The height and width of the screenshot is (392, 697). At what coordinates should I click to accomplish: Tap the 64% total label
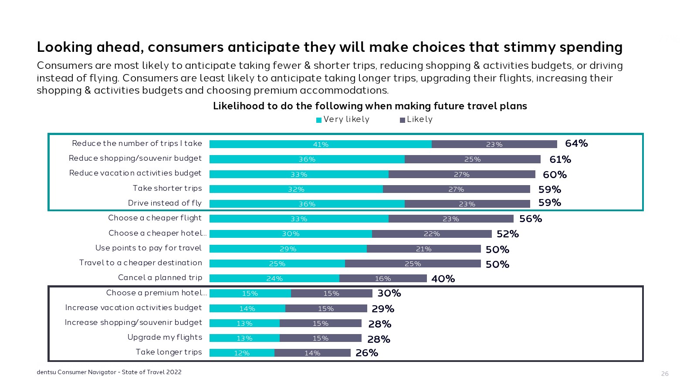[576, 143]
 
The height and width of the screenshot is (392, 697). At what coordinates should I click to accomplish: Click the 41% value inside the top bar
[321, 144]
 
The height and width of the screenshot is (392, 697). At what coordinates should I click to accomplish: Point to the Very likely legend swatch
[319, 120]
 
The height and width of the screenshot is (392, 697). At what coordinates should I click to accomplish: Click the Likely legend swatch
[403, 120]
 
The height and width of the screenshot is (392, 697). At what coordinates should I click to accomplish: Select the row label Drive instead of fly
[165, 203]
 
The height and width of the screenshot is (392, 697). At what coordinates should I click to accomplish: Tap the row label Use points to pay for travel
[149, 248]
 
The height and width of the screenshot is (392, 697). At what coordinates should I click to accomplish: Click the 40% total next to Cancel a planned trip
[443, 279]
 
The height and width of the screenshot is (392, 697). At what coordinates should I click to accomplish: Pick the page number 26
[665, 374]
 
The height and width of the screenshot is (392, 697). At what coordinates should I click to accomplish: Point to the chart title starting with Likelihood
[370, 106]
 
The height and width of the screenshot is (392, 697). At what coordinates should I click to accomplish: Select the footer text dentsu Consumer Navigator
[109, 372]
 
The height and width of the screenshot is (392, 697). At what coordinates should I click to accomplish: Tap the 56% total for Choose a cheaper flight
[531, 219]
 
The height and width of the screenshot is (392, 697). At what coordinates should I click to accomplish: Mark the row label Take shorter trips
[167, 188]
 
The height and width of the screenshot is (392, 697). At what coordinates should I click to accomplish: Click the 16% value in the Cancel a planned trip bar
[383, 278]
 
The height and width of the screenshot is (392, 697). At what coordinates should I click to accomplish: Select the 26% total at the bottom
[367, 353]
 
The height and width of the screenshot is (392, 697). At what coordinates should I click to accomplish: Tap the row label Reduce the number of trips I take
[137, 143]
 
